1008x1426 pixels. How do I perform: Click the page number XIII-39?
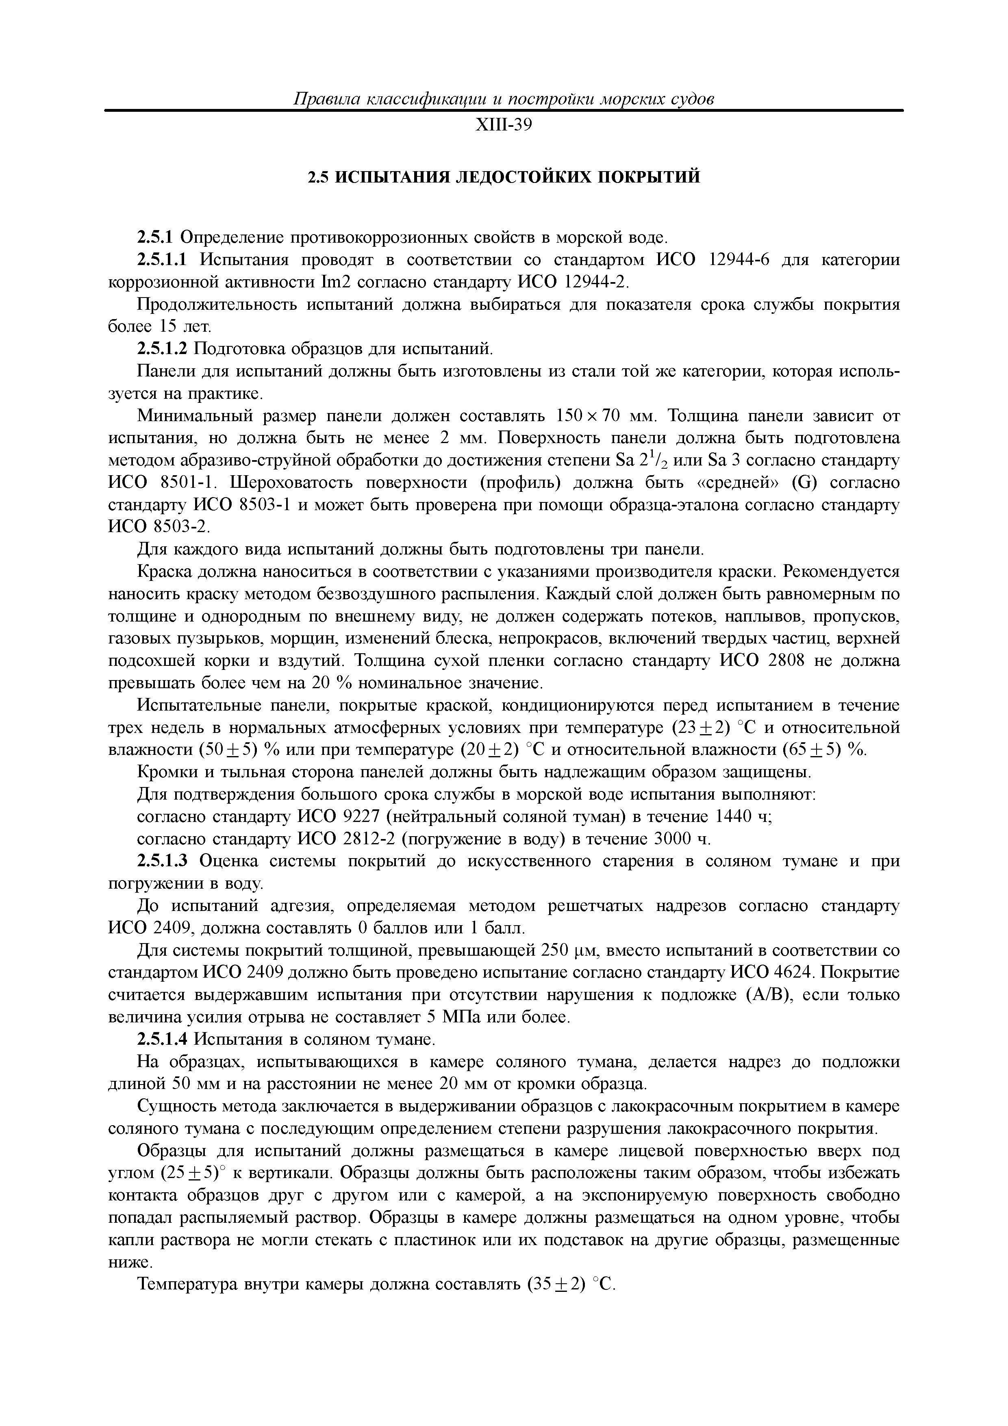(504, 126)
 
